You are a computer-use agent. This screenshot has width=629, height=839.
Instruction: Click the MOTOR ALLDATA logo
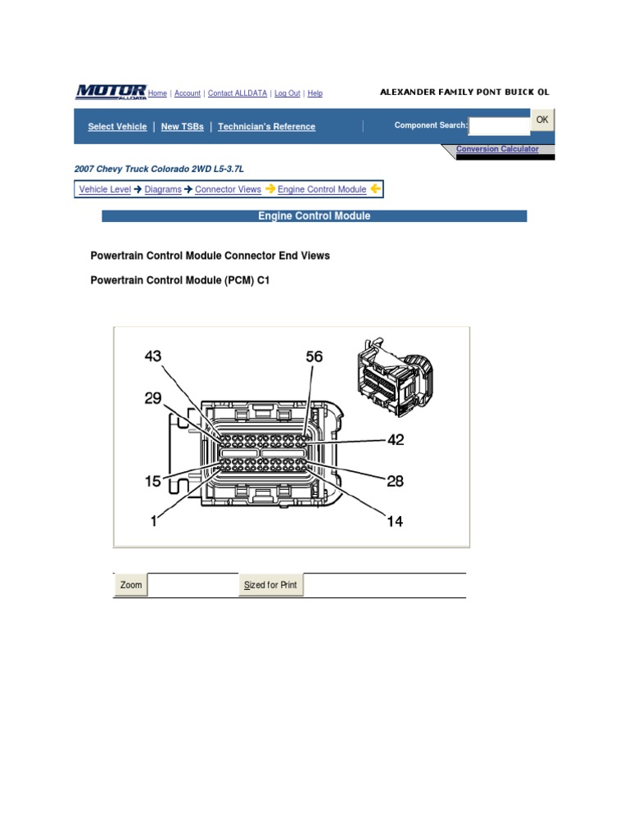point(111,92)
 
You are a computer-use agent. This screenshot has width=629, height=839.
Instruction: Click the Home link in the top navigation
point(157,93)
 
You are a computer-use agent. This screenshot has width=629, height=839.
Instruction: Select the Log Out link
point(287,93)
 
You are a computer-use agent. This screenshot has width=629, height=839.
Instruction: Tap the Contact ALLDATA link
point(238,93)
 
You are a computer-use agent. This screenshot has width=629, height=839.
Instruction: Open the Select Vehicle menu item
point(117,127)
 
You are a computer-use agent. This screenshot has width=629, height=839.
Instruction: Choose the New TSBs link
point(182,127)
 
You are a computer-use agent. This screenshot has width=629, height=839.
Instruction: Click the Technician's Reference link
point(266,127)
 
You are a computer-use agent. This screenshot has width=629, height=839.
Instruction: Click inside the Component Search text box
point(500,126)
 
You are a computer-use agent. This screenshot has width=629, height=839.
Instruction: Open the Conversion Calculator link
point(497,149)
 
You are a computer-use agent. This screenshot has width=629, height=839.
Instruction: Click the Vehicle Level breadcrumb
point(104,189)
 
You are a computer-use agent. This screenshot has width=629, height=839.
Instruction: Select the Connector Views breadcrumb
point(228,189)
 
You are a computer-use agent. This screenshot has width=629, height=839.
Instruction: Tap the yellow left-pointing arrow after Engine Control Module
point(375,189)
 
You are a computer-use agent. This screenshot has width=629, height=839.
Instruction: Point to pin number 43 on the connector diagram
point(153,356)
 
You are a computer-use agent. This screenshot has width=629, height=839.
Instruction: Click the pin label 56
point(314,357)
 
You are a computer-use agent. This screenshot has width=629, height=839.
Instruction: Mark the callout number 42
point(396,440)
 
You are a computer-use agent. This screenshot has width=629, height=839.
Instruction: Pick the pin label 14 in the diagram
point(395,521)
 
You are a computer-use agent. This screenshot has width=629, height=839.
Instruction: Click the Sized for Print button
point(271,585)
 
